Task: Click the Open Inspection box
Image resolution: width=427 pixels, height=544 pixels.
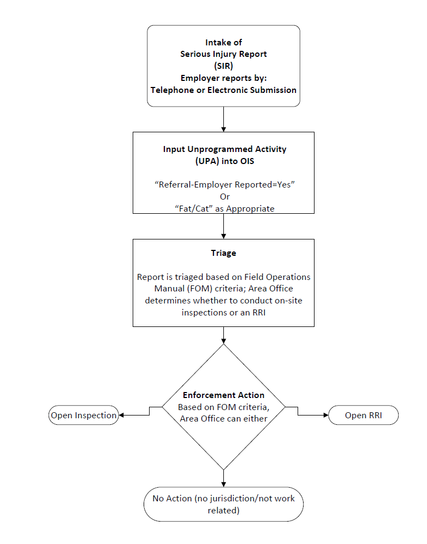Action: (84, 416)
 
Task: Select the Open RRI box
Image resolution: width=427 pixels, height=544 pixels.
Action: (363, 416)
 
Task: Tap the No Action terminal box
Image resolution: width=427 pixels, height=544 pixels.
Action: (224, 504)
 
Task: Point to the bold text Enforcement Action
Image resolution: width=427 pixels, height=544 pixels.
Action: (224, 395)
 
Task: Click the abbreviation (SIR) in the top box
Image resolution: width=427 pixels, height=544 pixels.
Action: (224, 66)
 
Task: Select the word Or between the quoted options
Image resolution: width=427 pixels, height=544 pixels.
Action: (224, 196)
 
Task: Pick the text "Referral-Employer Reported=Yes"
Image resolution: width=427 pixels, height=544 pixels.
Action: (224, 185)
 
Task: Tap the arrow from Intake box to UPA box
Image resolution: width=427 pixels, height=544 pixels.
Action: (224, 119)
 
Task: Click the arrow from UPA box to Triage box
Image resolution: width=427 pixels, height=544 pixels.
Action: (224, 226)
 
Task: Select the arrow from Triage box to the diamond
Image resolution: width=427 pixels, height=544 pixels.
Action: (224, 335)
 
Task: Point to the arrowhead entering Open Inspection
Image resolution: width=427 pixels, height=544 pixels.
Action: (122, 416)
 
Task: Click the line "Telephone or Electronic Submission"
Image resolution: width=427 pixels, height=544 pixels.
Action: (224, 90)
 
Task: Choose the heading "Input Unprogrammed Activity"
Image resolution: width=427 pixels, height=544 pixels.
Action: (224, 149)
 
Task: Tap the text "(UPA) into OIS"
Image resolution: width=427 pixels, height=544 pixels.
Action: (224, 161)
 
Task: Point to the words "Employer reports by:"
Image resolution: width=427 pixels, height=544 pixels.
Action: (224, 78)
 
